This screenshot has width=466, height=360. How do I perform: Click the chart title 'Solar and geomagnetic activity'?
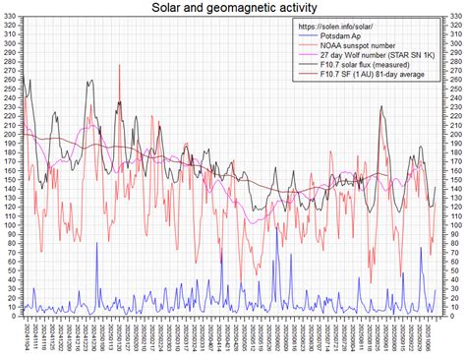coord(233,8)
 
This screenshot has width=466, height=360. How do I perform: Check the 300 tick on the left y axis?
coord(11,47)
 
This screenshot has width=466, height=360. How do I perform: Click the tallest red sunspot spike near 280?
coord(119,66)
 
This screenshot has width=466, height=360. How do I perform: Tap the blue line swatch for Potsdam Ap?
coord(310,35)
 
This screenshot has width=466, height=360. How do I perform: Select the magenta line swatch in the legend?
coord(310,56)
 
